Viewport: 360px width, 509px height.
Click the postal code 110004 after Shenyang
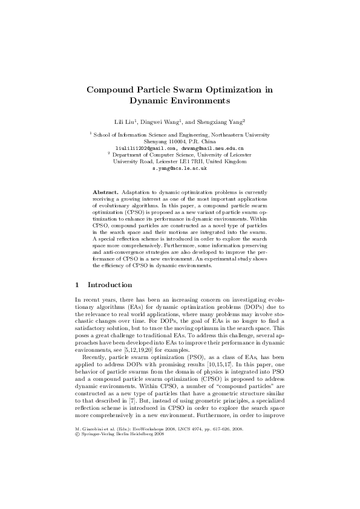(174, 141)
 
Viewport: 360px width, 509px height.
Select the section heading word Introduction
(110, 285)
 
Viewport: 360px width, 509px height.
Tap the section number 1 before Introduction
(77, 285)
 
